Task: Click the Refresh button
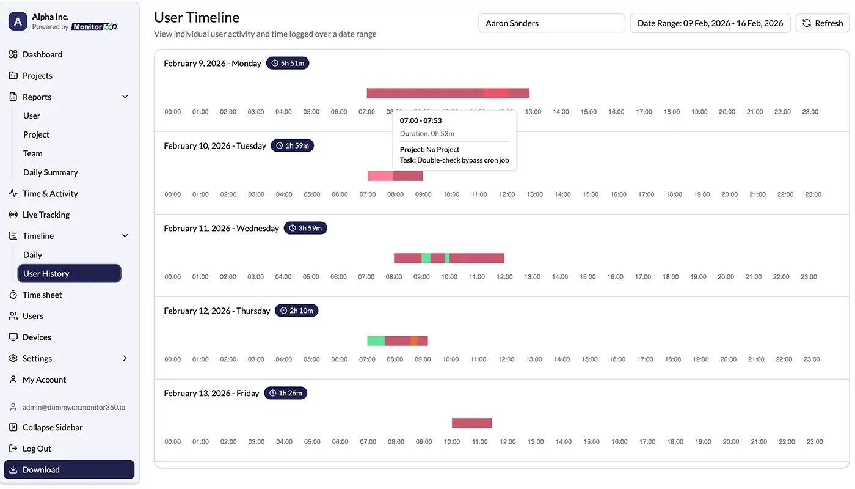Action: coord(822,23)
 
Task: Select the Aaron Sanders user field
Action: coord(551,23)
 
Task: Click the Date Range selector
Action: coord(710,23)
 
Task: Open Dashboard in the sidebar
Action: coord(42,54)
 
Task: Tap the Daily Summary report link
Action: coord(51,172)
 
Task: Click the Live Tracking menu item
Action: coord(46,215)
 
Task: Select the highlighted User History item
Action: coord(69,273)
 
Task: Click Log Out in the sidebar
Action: coord(37,449)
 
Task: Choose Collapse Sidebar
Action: coord(53,427)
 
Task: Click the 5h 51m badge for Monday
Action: coord(288,63)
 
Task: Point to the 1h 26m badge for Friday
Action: coord(285,393)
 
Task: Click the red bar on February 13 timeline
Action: coord(471,423)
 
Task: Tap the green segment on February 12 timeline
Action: coord(376,340)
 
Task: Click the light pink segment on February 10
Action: coord(380,175)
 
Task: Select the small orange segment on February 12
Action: coord(414,340)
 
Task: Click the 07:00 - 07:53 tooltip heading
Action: coord(421,120)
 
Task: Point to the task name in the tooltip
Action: coord(462,160)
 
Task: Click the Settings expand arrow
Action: coord(125,358)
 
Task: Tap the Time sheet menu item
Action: coord(42,295)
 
